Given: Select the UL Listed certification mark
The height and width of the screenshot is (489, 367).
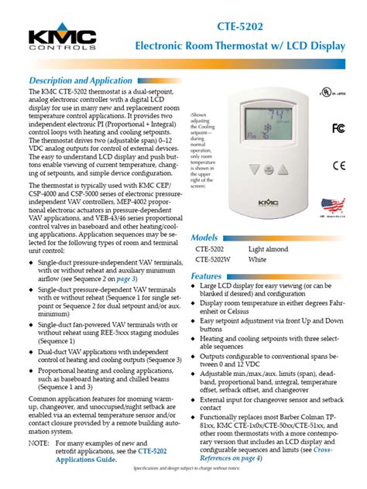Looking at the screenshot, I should pyautogui.click(x=332, y=92).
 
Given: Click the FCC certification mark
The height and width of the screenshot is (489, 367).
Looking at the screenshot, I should pyautogui.click(x=338, y=127).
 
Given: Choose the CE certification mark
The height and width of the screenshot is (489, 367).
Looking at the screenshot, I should pyautogui.click(x=339, y=165).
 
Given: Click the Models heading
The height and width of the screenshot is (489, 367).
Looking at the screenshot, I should pyautogui.click(x=204, y=238).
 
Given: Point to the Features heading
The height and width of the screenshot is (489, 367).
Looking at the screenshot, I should pyautogui.click(x=207, y=276).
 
